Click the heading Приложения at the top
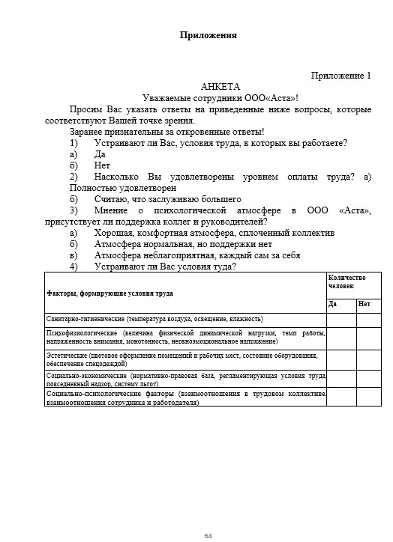click(208, 35)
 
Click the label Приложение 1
click(340, 76)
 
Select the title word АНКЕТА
click(220, 87)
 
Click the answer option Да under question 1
click(100, 153)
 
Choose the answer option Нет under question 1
click(102, 165)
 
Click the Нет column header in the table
click(364, 304)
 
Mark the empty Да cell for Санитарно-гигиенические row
click(340, 319)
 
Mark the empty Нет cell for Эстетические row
click(368, 359)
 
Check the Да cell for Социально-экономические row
click(340, 378)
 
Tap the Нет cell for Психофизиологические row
click(368, 338)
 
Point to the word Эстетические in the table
click(66, 355)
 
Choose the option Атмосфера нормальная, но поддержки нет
click(182, 244)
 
